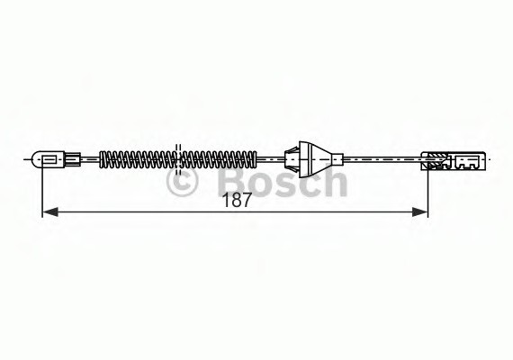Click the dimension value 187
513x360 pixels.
pos(237,200)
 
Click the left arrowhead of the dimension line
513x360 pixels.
pos(50,212)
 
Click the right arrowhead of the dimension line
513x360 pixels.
pos(420,212)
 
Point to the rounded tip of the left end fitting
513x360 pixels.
pos(34,159)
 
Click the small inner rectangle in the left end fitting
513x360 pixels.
pos(49,159)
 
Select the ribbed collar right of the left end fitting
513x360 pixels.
pos(73,159)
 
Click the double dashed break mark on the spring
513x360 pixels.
pos(177,159)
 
